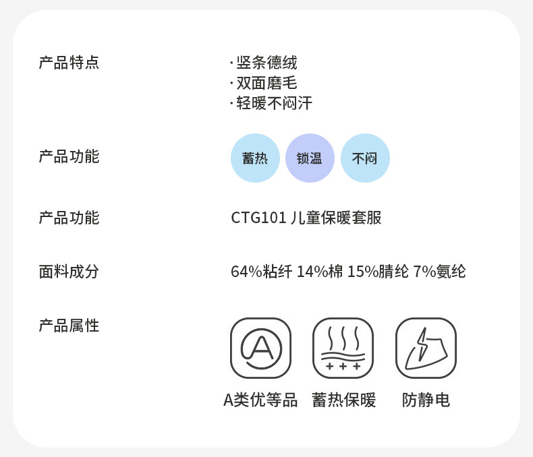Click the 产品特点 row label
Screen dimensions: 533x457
pyautogui.click(x=69, y=63)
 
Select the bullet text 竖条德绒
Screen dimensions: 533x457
pyautogui.click(x=266, y=63)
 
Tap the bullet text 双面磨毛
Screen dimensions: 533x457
pyautogui.click(x=266, y=83)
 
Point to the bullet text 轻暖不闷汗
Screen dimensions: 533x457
pyautogui.click(x=274, y=103)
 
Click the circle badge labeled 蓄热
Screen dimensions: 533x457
pyautogui.click(x=255, y=158)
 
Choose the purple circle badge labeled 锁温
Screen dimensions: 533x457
pyautogui.click(x=310, y=158)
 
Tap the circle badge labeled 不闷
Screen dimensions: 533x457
pyautogui.click(x=365, y=158)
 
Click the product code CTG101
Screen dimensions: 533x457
pyautogui.click(x=258, y=218)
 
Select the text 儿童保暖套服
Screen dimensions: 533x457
pyautogui.click(x=336, y=218)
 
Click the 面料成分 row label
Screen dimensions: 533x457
pyautogui.click(x=69, y=272)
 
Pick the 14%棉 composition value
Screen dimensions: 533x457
pyautogui.click(x=320, y=272)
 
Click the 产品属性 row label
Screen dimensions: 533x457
pyautogui.click(x=69, y=326)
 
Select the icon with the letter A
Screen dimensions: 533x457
pyautogui.click(x=260, y=348)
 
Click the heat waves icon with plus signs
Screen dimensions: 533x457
pyautogui.click(x=343, y=348)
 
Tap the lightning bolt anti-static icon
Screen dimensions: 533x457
pyautogui.click(x=426, y=348)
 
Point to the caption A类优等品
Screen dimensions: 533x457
pyautogui.click(x=260, y=400)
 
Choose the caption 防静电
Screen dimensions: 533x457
pyautogui.click(x=426, y=400)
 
